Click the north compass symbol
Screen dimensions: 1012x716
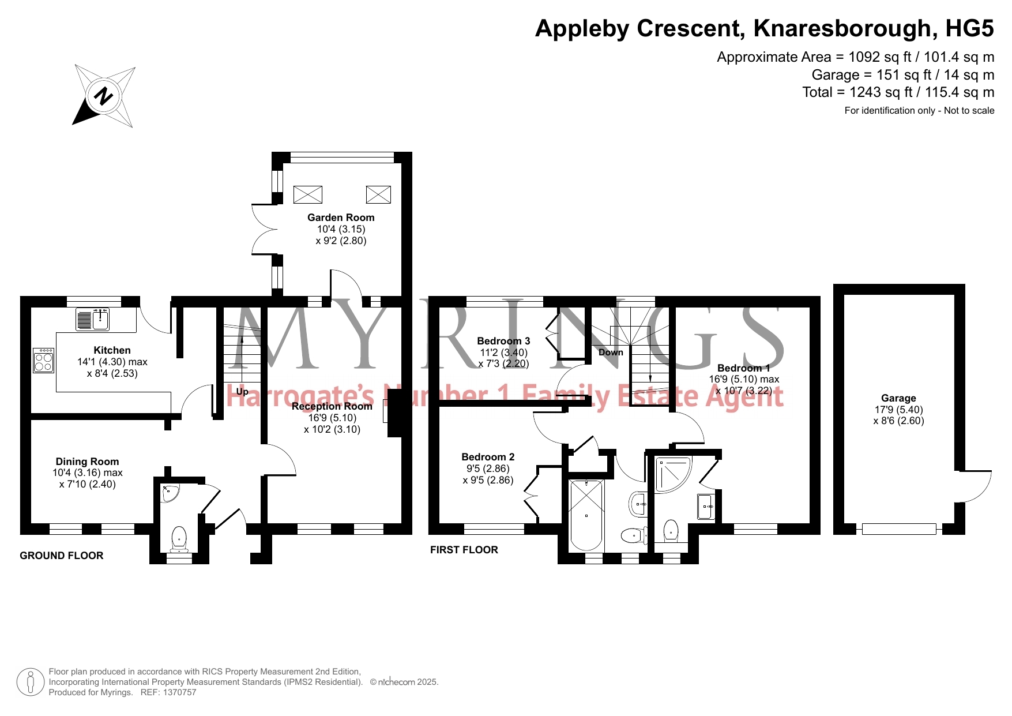(104, 96)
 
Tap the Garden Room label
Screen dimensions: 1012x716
(341, 218)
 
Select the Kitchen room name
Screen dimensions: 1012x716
(112, 350)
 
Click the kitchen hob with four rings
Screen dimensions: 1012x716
(44, 361)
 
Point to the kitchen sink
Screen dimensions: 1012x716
(93, 320)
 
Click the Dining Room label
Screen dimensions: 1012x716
(87, 462)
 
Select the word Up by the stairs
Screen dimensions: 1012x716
(242, 392)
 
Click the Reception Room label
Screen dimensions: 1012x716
(332, 406)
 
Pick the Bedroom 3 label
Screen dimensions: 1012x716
(503, 341)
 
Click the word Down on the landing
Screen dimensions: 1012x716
(611, 352)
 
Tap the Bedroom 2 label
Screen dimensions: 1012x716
(488, 457)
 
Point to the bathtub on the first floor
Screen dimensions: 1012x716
(586, 515)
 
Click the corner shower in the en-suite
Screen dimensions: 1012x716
(672, 474)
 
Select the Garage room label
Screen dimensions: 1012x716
(898, 398)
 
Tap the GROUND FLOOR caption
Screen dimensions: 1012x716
(62, 556)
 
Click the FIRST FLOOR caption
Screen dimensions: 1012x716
(464, 550)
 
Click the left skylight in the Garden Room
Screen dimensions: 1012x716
(308, 194)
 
